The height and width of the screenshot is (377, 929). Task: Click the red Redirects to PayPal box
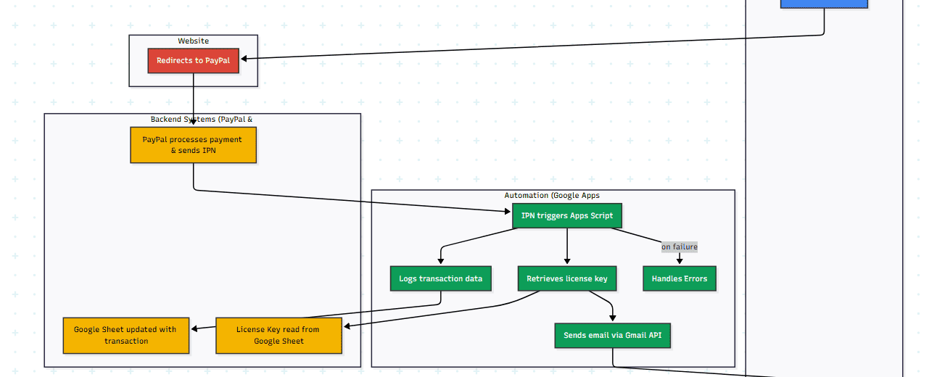pyautogui.click(x=193, y=61)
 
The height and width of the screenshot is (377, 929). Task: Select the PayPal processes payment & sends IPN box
pyautogui.click(x=193, y=145)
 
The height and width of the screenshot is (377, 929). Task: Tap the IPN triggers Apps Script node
pyautogui.click(x=566, y=216)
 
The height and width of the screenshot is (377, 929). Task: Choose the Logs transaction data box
pyautogui.click(x=440, y=278)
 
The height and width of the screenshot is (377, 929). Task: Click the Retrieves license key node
pyautogui.click(x=566, y=278)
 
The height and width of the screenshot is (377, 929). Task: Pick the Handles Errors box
pyautogui.click(x=679, y=278)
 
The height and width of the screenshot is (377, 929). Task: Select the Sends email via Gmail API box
pyautogui.click(x=612, y=336)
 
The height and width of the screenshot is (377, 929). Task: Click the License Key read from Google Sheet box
pyautogui.click(x=278, y=335)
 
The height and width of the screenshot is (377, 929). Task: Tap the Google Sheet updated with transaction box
pyautogui.click(x=125, y=335)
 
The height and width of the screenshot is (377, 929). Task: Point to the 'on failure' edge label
pyautogui.click(x=679, y=247)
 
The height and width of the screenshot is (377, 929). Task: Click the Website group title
pyautogui.click(x=193, y=41)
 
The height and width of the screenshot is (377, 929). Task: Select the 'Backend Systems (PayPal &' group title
pyautogui.click(x=202, y=120)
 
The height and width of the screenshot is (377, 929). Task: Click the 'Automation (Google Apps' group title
pyautogui.click(x=552, y=196)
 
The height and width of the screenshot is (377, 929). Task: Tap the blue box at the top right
pyautogui.click(x=824, y=4)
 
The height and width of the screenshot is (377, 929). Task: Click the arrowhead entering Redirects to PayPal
pyautogui.click(x=244, y=59)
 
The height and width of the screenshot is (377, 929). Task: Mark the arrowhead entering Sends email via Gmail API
pyautogui.click(x=612, y=318)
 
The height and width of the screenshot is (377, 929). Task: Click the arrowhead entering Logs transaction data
pyautogui.click(x=440, y=262)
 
